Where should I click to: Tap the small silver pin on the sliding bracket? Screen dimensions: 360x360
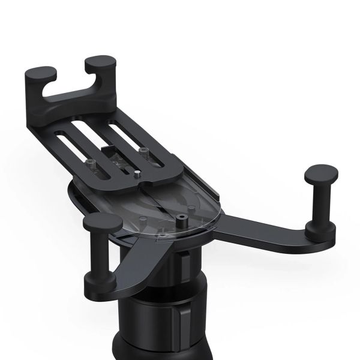pyautogui.click(x=137, y=175)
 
